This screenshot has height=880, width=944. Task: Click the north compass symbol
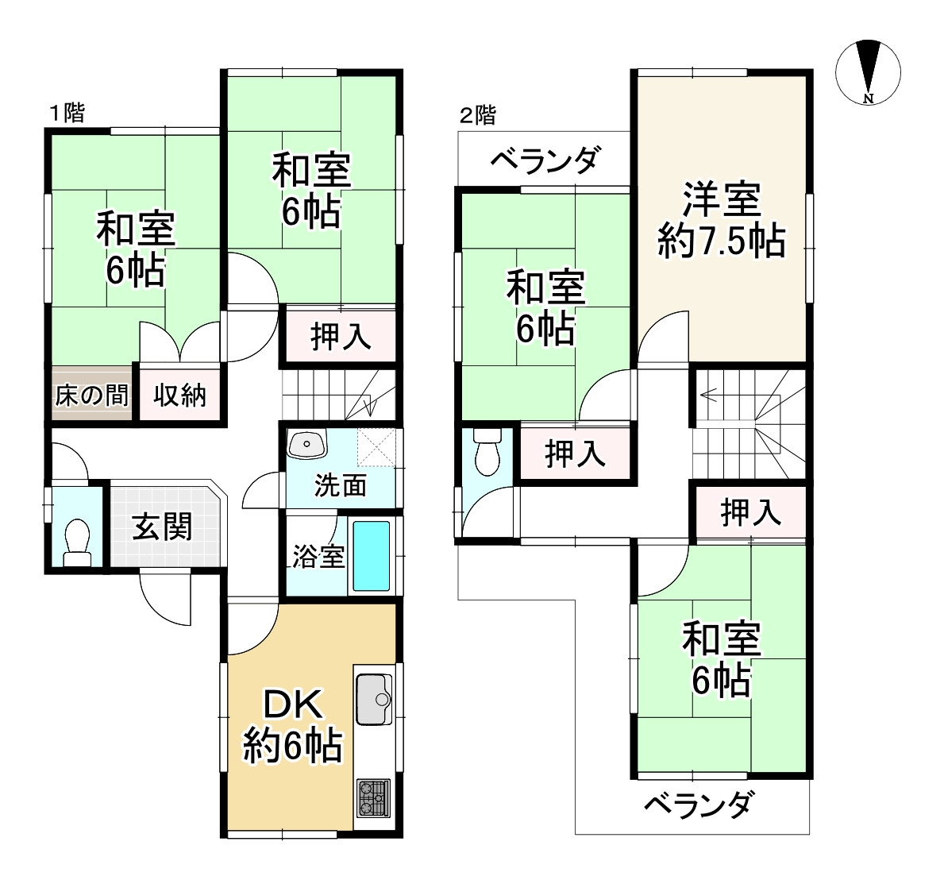(869, 72)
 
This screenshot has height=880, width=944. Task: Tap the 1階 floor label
(67, 113)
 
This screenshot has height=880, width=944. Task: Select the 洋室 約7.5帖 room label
(722, 220)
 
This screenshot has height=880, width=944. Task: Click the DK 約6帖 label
(292, 725)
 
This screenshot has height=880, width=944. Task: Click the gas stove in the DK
(374, 797)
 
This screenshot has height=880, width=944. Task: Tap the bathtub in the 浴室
(371, 557)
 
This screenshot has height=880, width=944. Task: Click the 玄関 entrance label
(163, 527)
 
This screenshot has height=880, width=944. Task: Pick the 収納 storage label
(180, 395)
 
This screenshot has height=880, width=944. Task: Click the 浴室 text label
(318, 557)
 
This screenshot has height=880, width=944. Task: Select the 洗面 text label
(340, 484)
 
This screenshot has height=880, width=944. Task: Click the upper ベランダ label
(544, 161)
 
